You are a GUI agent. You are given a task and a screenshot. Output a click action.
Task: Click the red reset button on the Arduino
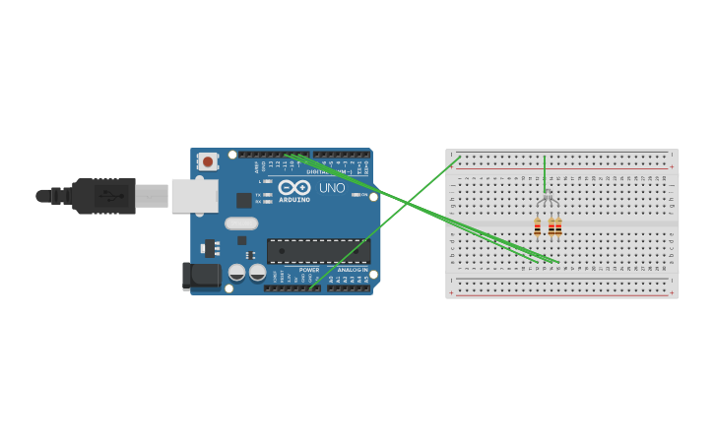[x=207, y=160]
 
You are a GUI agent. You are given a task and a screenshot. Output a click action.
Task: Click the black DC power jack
[x=202, y=276]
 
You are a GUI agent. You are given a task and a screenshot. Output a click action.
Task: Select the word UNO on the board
[x=332, y=188]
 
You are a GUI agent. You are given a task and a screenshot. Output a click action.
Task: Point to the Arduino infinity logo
[x=293, y=187]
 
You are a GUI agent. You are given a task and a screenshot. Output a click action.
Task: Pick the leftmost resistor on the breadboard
[x=537, y=227]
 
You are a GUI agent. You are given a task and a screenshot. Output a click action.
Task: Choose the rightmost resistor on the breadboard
[x=558, y=227]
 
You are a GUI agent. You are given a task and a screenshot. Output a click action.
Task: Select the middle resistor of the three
[x=552, y=227]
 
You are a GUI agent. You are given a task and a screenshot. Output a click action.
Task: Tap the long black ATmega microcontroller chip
[x=318, y=251]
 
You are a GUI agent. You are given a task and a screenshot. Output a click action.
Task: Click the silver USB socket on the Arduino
[x=194, y=196]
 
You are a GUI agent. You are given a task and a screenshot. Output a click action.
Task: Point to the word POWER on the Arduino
[x=309, y=270]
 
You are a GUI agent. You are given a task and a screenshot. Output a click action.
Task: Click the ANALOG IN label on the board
[x=352, y=270]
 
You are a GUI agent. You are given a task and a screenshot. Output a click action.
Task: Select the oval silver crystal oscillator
[x=241, y=223]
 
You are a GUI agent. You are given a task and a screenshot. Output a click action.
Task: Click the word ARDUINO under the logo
[x=293, y=200]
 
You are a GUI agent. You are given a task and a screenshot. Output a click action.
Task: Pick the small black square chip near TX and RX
[x=243, y=200]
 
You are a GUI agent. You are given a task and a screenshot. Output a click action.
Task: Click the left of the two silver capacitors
[x=236, y=273]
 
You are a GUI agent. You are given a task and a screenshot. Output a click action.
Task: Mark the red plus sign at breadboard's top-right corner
[x=672, y=165]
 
